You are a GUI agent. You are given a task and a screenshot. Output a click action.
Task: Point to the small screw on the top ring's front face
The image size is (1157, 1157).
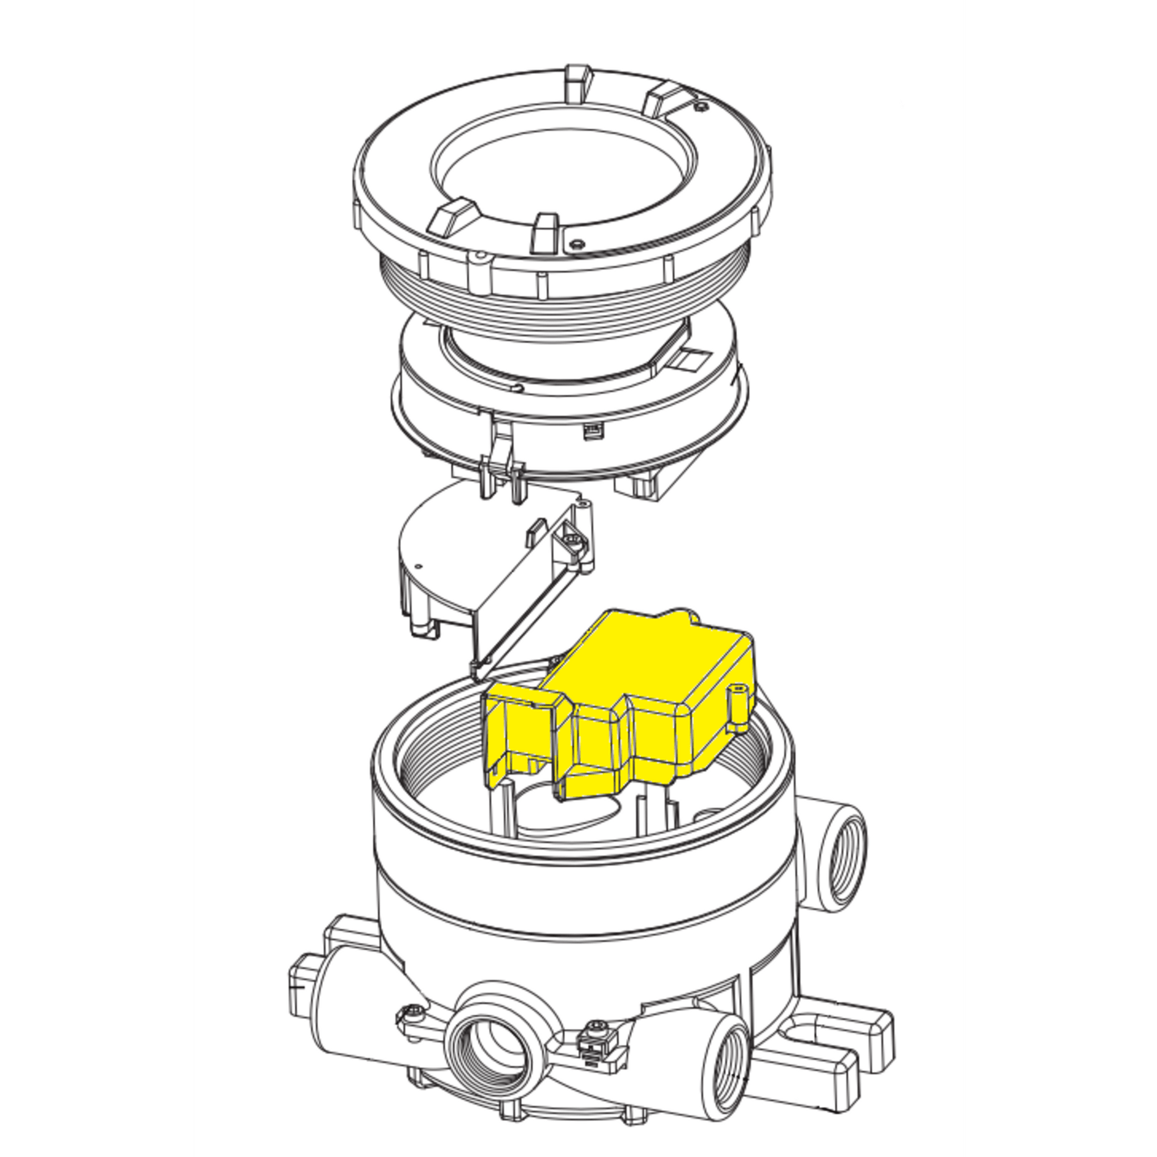(x=576, y=243)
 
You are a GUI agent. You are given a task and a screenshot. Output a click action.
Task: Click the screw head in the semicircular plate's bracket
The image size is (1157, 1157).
(x=576, y=542)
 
